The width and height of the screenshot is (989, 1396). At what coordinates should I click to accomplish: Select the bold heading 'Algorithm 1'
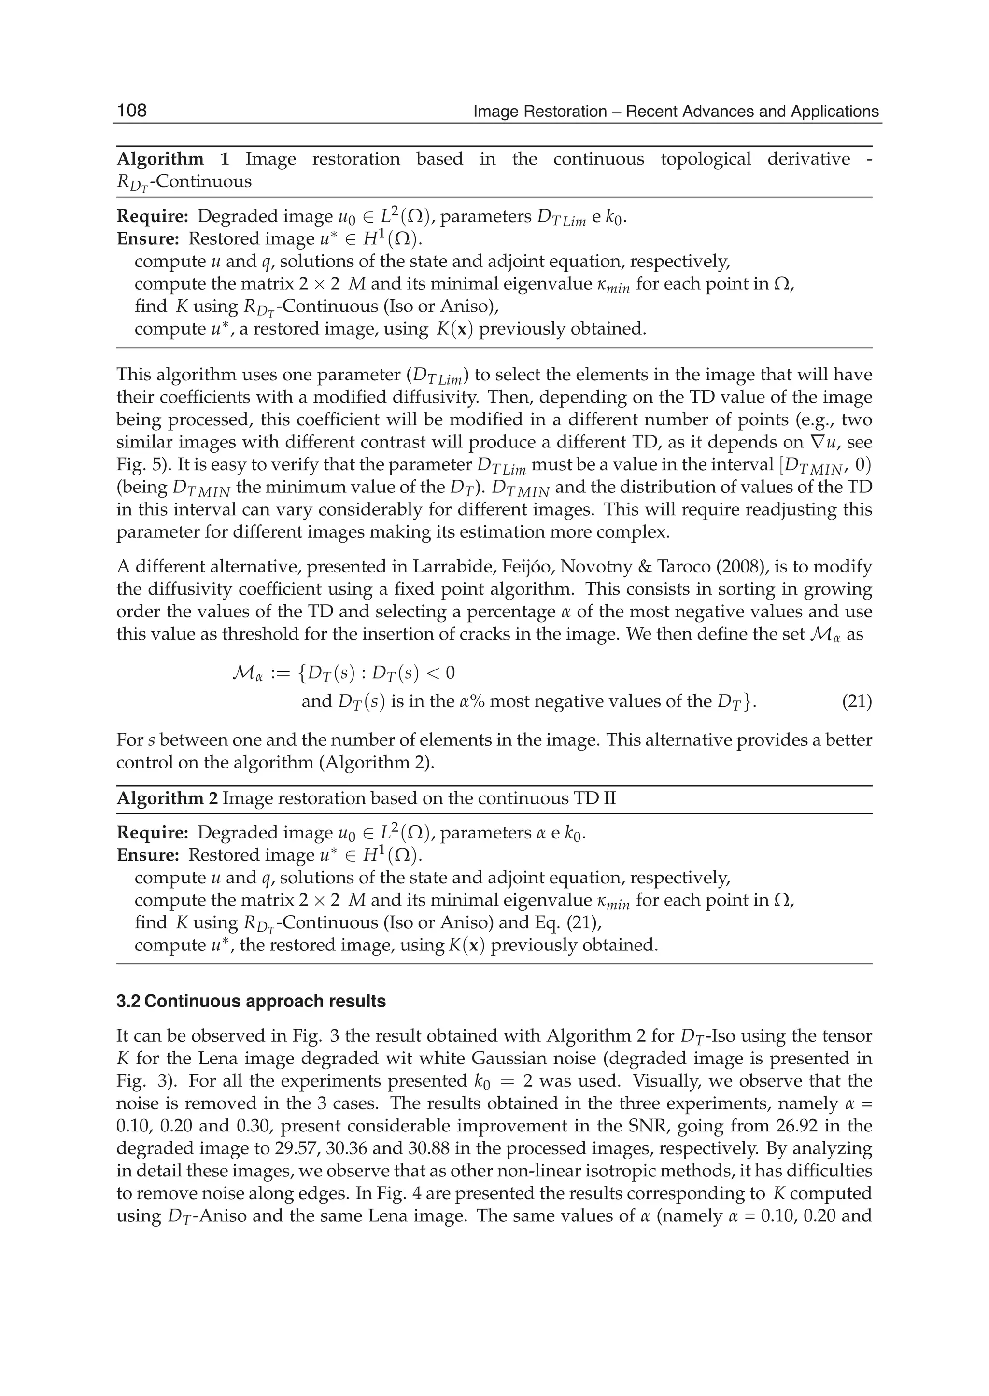[173, 159]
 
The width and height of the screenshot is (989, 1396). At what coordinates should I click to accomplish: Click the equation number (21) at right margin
[857, 702]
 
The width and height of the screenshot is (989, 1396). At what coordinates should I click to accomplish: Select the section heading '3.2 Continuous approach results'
[251, 1002]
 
